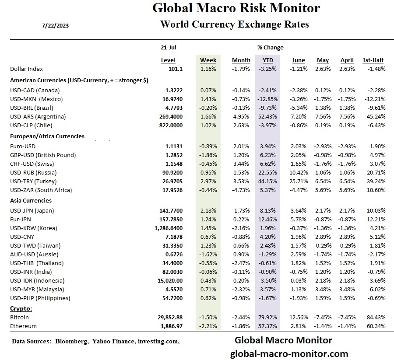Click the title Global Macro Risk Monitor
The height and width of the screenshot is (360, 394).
(x=236, y=8)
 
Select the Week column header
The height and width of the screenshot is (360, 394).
(x=208, y=60)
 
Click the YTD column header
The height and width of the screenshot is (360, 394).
(x=267, y=60)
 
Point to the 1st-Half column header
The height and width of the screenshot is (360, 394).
(x=373, y=60)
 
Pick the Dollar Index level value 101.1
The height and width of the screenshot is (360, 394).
(x=176, y=69)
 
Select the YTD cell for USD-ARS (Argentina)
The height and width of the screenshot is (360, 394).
(x=268, y=116)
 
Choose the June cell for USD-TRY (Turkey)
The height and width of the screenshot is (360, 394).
(x=299, y=181)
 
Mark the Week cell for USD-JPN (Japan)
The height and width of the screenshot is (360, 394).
(x=209, y=210)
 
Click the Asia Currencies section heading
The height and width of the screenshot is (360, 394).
(x=31, y=200)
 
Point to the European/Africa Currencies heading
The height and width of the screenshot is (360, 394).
(x=47, y=136)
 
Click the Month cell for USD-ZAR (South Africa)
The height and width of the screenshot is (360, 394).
(x=241, y=190)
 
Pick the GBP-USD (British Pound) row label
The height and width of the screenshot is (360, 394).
(x=43, y=155)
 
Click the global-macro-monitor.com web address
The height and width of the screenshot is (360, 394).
(x=289, y=353)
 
